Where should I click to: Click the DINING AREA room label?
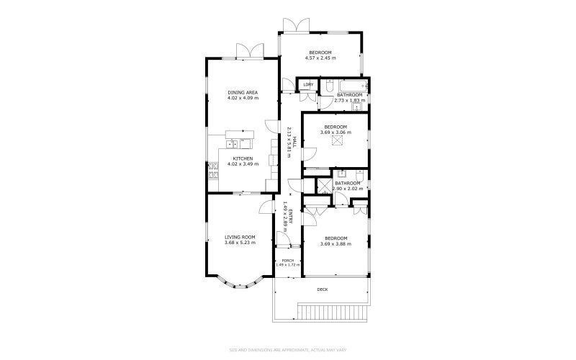[243, 93]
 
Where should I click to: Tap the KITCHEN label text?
[243, 158]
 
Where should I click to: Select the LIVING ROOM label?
[240, 237]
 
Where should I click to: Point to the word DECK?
[322, 289]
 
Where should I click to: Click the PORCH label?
[287, 261]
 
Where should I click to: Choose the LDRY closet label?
[307, 85]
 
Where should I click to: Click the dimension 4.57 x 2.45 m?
[320, 58]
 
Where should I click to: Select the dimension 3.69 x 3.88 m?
[336, 244]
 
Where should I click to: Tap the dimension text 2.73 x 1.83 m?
[350, 101]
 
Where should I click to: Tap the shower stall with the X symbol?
[323, 186]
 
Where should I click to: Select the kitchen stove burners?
[213, 171]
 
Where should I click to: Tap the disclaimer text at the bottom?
[288, 351]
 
